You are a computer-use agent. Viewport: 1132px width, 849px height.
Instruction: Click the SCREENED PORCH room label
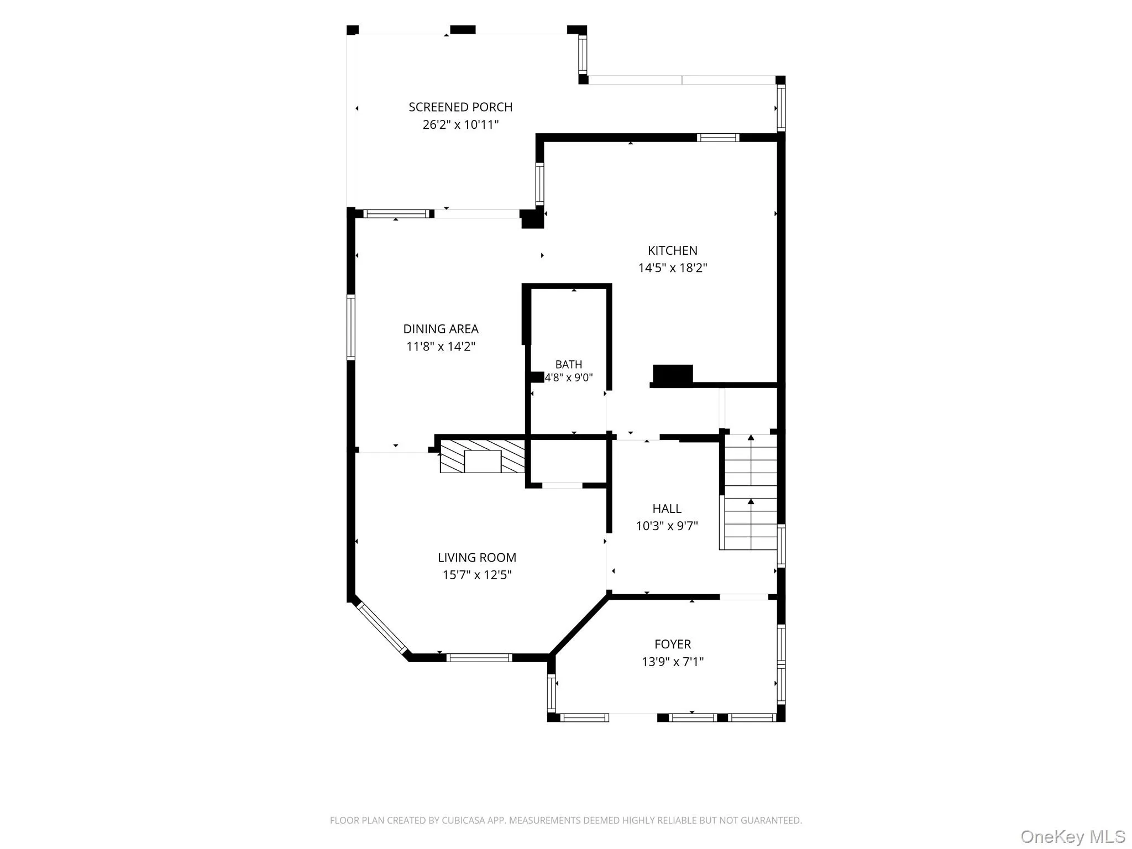tap(460, 107)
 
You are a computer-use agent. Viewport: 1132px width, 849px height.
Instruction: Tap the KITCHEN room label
tap(673, 250)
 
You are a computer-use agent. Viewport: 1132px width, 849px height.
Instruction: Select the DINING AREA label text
tap(441, 329)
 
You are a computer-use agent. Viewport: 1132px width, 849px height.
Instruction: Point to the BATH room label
tap(569, 365)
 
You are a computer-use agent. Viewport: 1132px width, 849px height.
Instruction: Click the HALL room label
tap(667, 509)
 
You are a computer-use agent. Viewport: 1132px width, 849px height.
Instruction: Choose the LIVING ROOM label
tap(477, 558)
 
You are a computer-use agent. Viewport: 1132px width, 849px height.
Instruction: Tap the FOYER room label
tap(673, 644)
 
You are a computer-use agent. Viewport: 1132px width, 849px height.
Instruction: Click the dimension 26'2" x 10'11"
tap(460, 125)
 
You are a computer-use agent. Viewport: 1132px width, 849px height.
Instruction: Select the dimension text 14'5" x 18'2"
tap(673, 268)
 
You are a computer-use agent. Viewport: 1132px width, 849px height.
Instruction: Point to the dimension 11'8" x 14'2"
tap(441, 347)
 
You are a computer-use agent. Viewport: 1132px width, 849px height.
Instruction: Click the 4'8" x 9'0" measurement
tap(569, 378)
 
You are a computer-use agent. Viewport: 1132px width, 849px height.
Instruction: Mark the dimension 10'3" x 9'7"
tap(667, 526)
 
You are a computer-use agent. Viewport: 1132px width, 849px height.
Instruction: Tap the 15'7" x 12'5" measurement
tap(477, 575)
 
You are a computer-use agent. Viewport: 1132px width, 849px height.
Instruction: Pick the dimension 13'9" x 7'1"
tap(673, 662)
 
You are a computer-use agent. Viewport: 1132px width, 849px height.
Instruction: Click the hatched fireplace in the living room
tap(482, 457)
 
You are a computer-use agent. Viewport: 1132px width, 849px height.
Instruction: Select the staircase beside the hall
tap(750, 492)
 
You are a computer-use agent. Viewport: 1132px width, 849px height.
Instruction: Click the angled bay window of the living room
tap(382, 627)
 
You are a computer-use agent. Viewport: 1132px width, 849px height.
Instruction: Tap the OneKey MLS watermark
tap(1073, 836)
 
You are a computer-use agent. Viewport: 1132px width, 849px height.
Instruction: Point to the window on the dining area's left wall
tap(351, 328)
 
